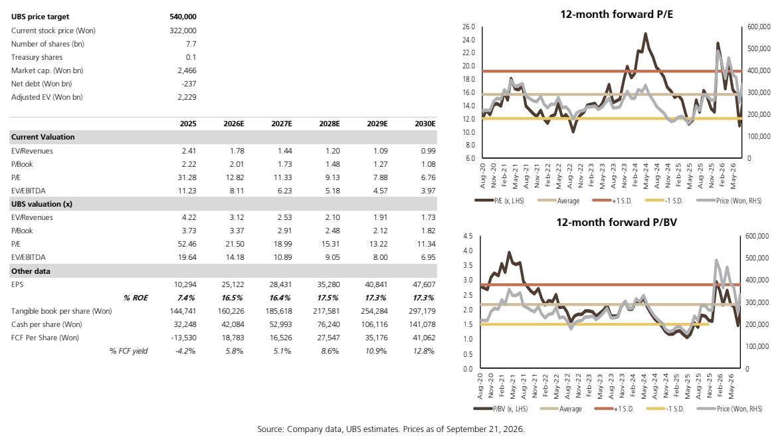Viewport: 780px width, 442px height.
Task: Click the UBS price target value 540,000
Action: (x=183, y=17)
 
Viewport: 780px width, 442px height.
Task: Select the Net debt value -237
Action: (x=189, y=84)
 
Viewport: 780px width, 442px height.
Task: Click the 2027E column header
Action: (x=282, y=124)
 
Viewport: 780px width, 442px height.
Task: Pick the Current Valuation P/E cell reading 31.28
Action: (x=187, y=177)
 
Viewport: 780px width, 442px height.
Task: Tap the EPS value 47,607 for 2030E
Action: (x=425, y=284)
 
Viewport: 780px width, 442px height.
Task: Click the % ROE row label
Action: (x=136, y=298)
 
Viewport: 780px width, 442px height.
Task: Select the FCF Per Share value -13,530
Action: (x=185, y=338)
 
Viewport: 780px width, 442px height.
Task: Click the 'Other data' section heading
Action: (x=31, y=271)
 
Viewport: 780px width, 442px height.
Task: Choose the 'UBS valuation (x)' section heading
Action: (x=42, y=204)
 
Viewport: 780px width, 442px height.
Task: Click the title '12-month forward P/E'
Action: (x=617, y=15)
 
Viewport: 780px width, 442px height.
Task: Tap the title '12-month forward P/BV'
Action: (x=617, y=223)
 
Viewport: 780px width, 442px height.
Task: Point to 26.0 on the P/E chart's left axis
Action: (x=469, y=27)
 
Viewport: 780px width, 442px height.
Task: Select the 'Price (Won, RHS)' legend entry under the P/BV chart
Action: (x=730, y=409)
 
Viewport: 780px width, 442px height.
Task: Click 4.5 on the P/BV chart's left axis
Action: (x=468, y=236)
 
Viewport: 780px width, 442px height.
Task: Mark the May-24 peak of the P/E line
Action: (x=646, y=34)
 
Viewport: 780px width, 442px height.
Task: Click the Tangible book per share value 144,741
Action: (x=183, y=311)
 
